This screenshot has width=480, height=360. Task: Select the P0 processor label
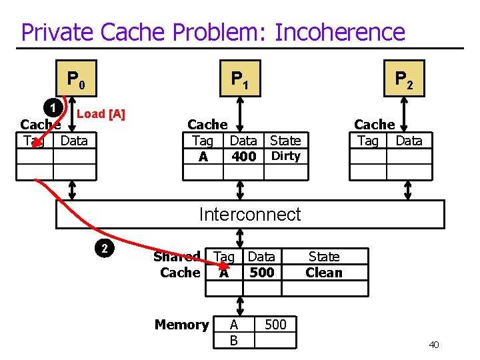coord(75,80)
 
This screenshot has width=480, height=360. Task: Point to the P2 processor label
coord(404,80)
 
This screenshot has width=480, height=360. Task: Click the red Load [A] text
coord(101,114)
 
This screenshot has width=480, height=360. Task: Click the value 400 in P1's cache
coord(243,157)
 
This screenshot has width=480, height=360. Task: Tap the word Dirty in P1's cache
coord(285,156)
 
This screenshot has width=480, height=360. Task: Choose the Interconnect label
coord(250,214)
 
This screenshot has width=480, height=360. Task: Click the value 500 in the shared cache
coord(261,272)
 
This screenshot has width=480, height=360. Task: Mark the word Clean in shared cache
coord(323,272)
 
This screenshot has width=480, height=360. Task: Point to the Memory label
coord(181,325)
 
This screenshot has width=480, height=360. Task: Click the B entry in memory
coord(233,341)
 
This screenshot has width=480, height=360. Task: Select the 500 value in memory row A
coord(275,325)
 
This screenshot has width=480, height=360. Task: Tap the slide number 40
coord(433,345)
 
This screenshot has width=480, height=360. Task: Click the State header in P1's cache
coord(285,141)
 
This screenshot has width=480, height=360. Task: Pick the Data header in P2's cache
coord(409,141)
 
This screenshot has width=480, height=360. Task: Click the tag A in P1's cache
coord(203,157)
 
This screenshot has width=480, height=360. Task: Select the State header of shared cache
coord(323,257)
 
